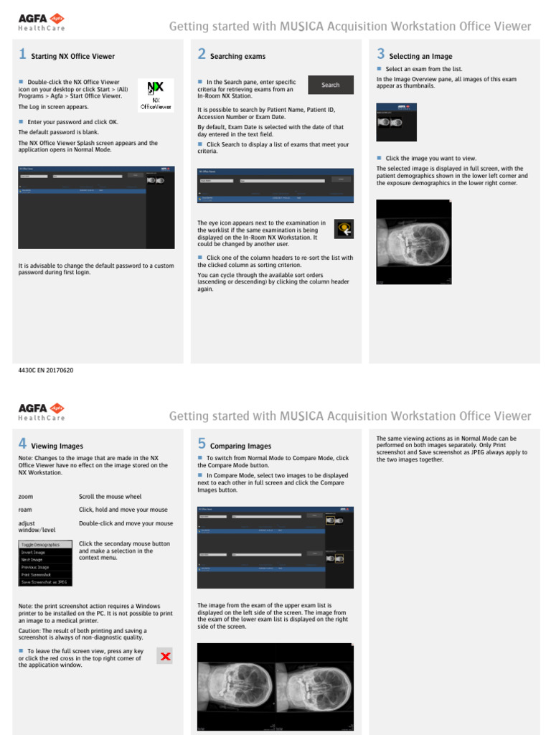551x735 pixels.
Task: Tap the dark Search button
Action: click(330, 85)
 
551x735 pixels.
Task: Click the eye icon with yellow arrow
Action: click(344, 229)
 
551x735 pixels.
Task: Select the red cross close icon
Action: click(164, 656)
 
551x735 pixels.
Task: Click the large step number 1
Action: click(22, 55)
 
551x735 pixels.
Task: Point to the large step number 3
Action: click(381, 55)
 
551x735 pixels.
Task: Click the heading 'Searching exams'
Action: click(237, 56)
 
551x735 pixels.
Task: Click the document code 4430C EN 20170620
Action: click(46, 370)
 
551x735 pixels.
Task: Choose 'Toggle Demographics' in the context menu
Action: click(41, 545)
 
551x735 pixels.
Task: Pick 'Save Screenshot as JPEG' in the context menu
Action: click(44, 582)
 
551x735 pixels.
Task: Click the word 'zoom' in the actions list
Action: click(26, 497)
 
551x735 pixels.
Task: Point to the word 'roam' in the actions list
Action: click(26, 510)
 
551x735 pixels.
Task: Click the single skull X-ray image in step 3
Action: click(414, 242)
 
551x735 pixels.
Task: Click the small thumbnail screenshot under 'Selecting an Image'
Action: click(396, 121)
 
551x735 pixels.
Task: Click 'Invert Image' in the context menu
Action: click(33, 553)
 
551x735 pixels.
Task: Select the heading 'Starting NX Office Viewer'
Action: click(72, 56)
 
